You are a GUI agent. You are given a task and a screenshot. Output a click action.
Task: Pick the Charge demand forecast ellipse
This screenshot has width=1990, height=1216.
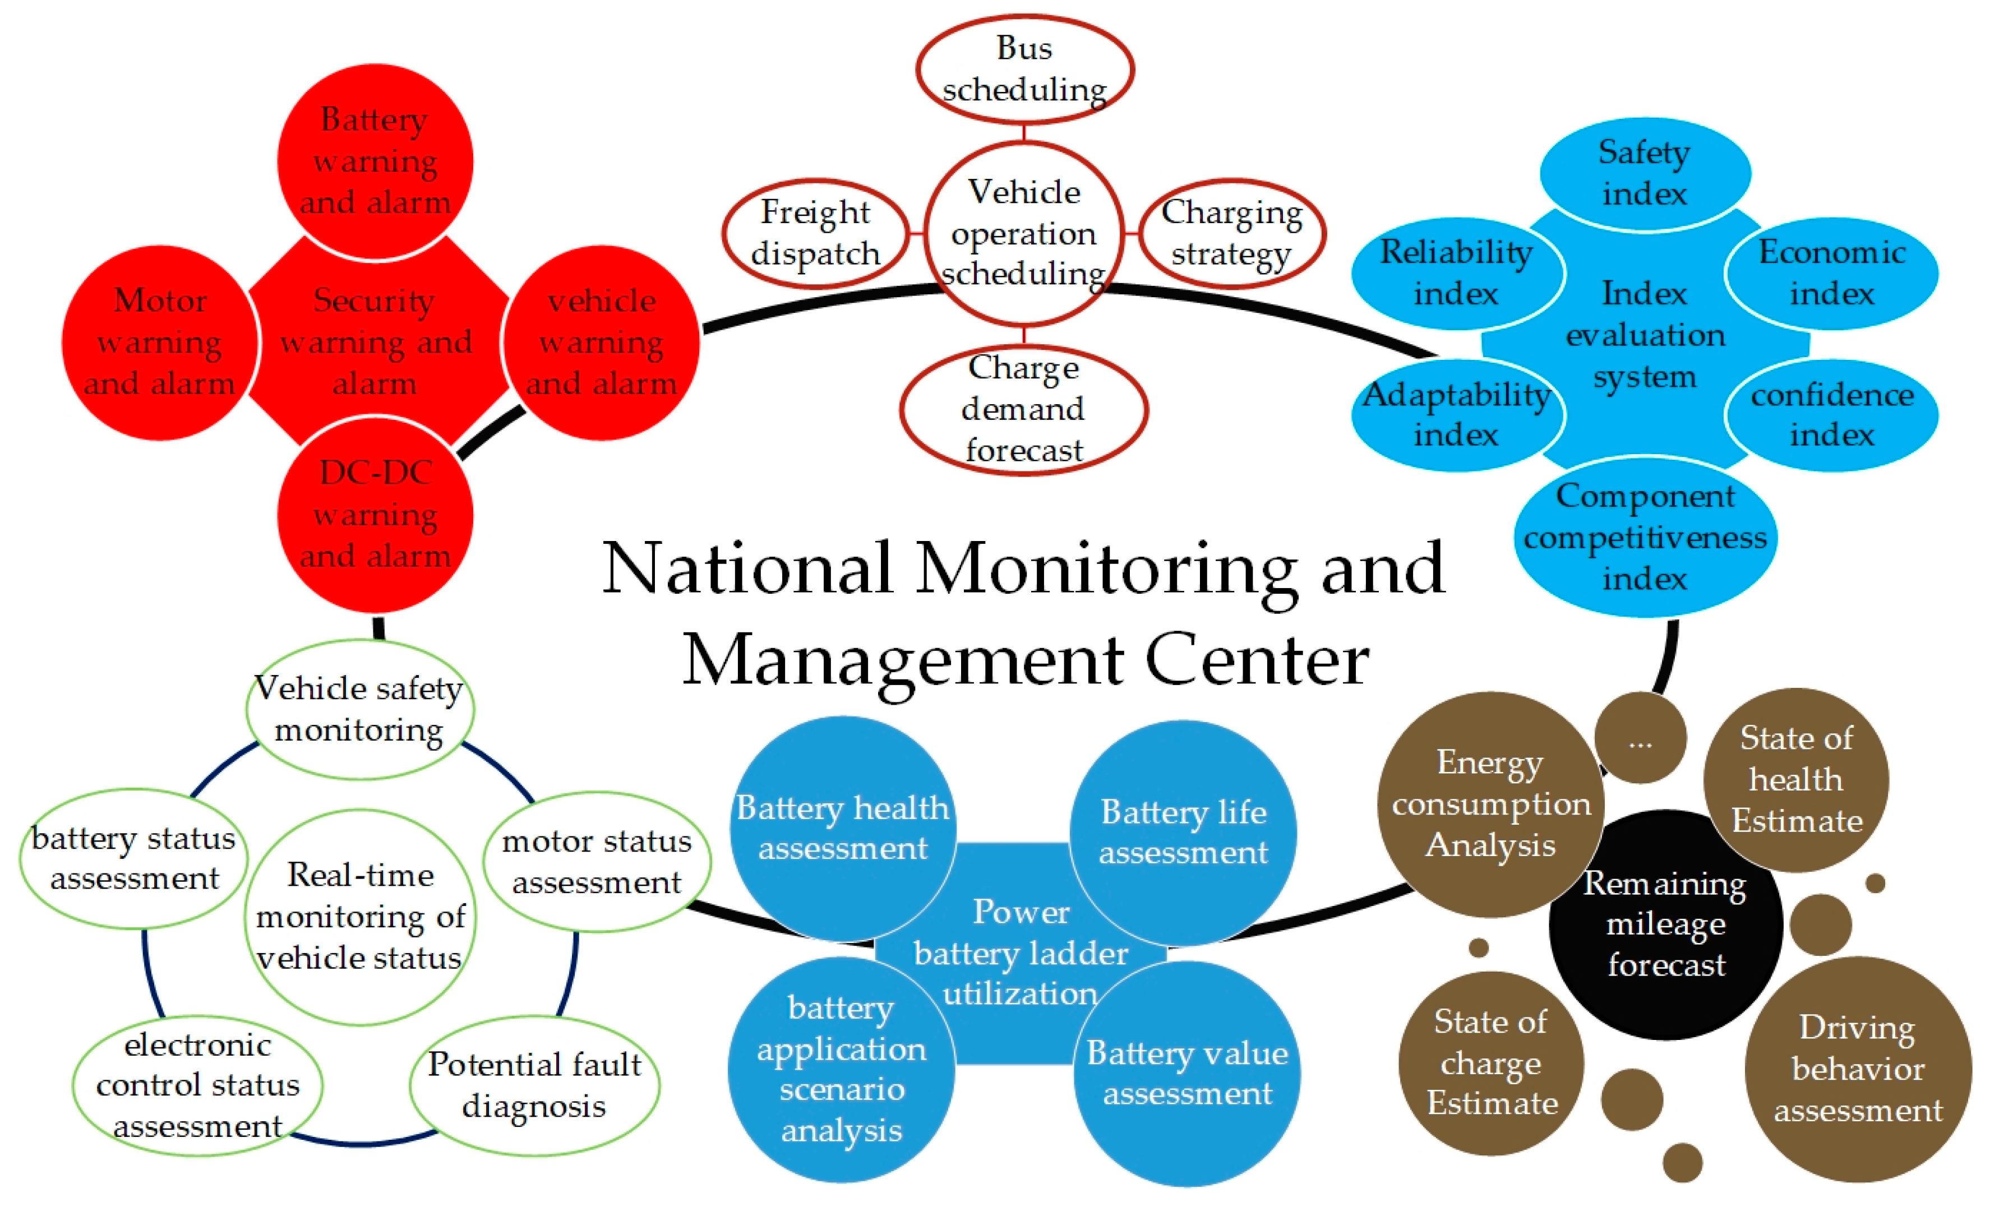pos(1023,409)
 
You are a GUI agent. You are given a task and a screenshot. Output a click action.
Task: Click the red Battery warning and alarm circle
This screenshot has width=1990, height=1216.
pos(375,161)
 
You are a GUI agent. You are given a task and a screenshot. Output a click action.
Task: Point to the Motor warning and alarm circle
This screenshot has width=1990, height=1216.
pos(159,343)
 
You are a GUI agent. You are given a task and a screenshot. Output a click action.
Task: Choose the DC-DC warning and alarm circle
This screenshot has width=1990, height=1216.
pos(375,514)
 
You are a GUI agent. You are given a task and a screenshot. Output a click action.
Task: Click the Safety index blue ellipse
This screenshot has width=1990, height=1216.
pos(1645,173)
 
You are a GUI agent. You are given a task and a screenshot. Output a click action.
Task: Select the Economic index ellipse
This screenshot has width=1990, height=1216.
pos(1831,273)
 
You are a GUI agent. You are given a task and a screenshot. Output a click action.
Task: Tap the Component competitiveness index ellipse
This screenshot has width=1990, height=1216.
pos(1645,537)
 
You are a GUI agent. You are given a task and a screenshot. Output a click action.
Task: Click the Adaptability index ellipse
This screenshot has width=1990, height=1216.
pos(1457,415)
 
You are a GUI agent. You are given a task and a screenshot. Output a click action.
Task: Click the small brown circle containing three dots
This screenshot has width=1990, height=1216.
pos(1640,737)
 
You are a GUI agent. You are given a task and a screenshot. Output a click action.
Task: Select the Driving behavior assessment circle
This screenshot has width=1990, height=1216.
pos(1858,1069)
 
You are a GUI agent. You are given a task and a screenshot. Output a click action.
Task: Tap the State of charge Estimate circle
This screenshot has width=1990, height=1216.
pos(1491,1062)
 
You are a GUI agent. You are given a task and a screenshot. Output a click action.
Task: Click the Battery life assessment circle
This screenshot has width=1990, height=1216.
pos(1183,831)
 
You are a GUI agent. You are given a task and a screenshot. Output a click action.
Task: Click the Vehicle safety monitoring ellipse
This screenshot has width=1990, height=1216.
pos(359,709)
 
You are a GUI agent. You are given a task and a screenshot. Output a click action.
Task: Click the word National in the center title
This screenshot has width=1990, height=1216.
pos(747,568)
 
